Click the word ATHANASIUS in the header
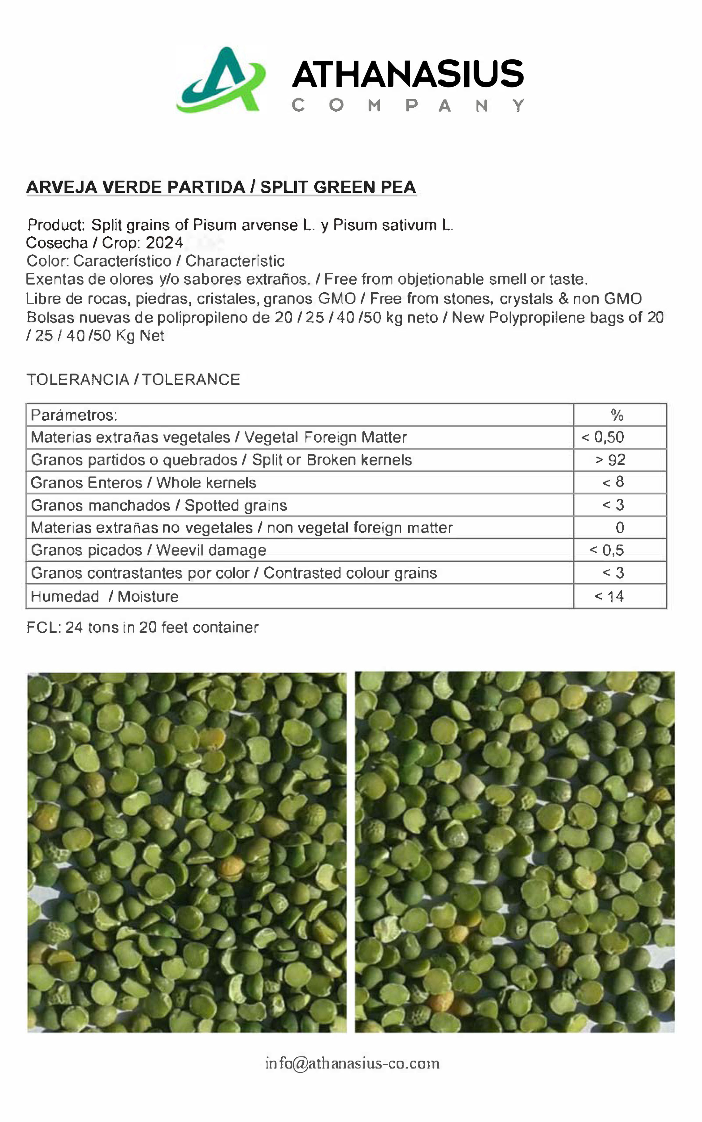pos(408,74)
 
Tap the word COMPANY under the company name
pos(408,106)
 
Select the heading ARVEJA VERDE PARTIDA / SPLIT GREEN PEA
pos(221,187)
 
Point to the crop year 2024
pos(164,242)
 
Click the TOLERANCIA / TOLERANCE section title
pos(133,379)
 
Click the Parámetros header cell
pos(74,415)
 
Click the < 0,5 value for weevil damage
pos(606,550)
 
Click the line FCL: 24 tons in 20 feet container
pos(142,627)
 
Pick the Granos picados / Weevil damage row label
pos(149,550)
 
